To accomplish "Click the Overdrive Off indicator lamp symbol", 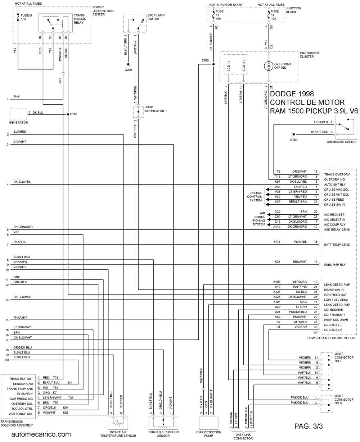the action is [x=269, y=66].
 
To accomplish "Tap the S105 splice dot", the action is [x=213, y=64].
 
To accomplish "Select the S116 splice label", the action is [x=73, y=114].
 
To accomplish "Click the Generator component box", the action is [x=18, y=114].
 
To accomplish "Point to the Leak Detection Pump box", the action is [x=208, y=423].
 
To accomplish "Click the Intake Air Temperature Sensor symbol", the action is [x=118, y=423].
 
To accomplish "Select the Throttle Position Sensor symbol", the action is [x=163, y=423].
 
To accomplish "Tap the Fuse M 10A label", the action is [x=26, y=17].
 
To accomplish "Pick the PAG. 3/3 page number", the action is [x=308, y=426].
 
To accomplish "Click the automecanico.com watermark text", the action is [x=41, y=434].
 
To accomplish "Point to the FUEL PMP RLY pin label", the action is [x=335, y=265].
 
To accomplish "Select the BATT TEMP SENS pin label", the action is [x=337, y=245].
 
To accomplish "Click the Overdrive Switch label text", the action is [x=341, y=142].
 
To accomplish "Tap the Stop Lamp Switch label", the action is [x=156, y=17].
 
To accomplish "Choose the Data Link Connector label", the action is [x=243, y=436].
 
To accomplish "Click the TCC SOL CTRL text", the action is [x=22, y=409].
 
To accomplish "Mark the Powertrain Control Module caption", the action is [x=332, y=338].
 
